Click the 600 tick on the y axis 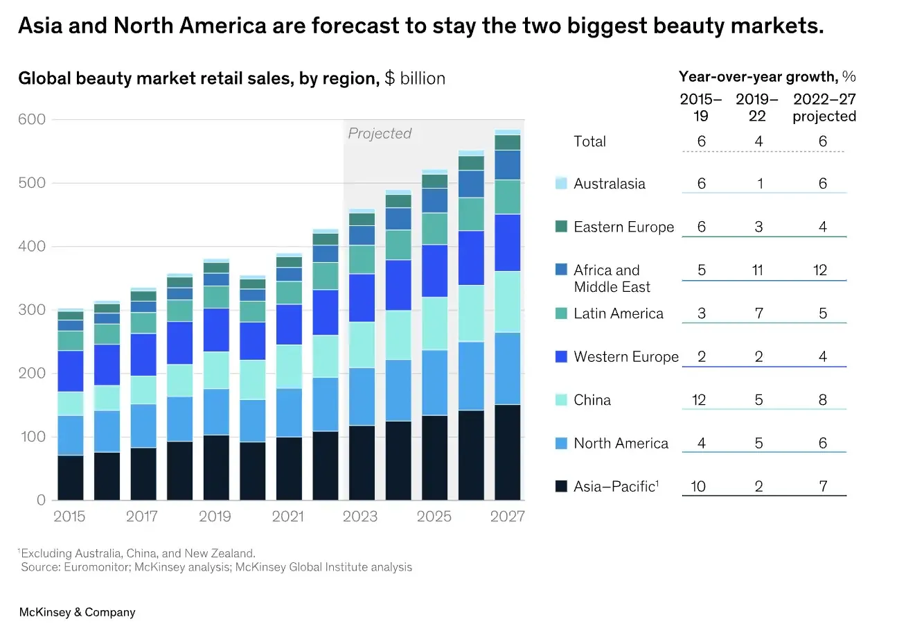(x=32, y=119)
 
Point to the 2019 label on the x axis (x=215, y=516)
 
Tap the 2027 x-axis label (x=508, y=516)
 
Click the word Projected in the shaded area (x=380, y=133)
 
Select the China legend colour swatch (x=561, y=400)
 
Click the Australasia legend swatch (x=561, y=183)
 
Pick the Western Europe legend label (x=626, y=356)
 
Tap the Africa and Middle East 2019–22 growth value (x=758, y=270)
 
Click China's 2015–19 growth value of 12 (x=699, y=400)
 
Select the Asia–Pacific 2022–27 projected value (x=823, y=486)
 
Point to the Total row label (x=589, y=141)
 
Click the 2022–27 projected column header (x=824, y=107)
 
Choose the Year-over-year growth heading (x=767, y=76)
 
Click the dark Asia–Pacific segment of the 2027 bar (x=508, y=453)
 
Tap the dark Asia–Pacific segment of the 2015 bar (x=71, y=478)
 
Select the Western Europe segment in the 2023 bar (x=362, y=298)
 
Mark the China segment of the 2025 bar (x=435, y=324)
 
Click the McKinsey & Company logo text (x=78, y=612)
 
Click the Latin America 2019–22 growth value (x=758, y=313)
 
